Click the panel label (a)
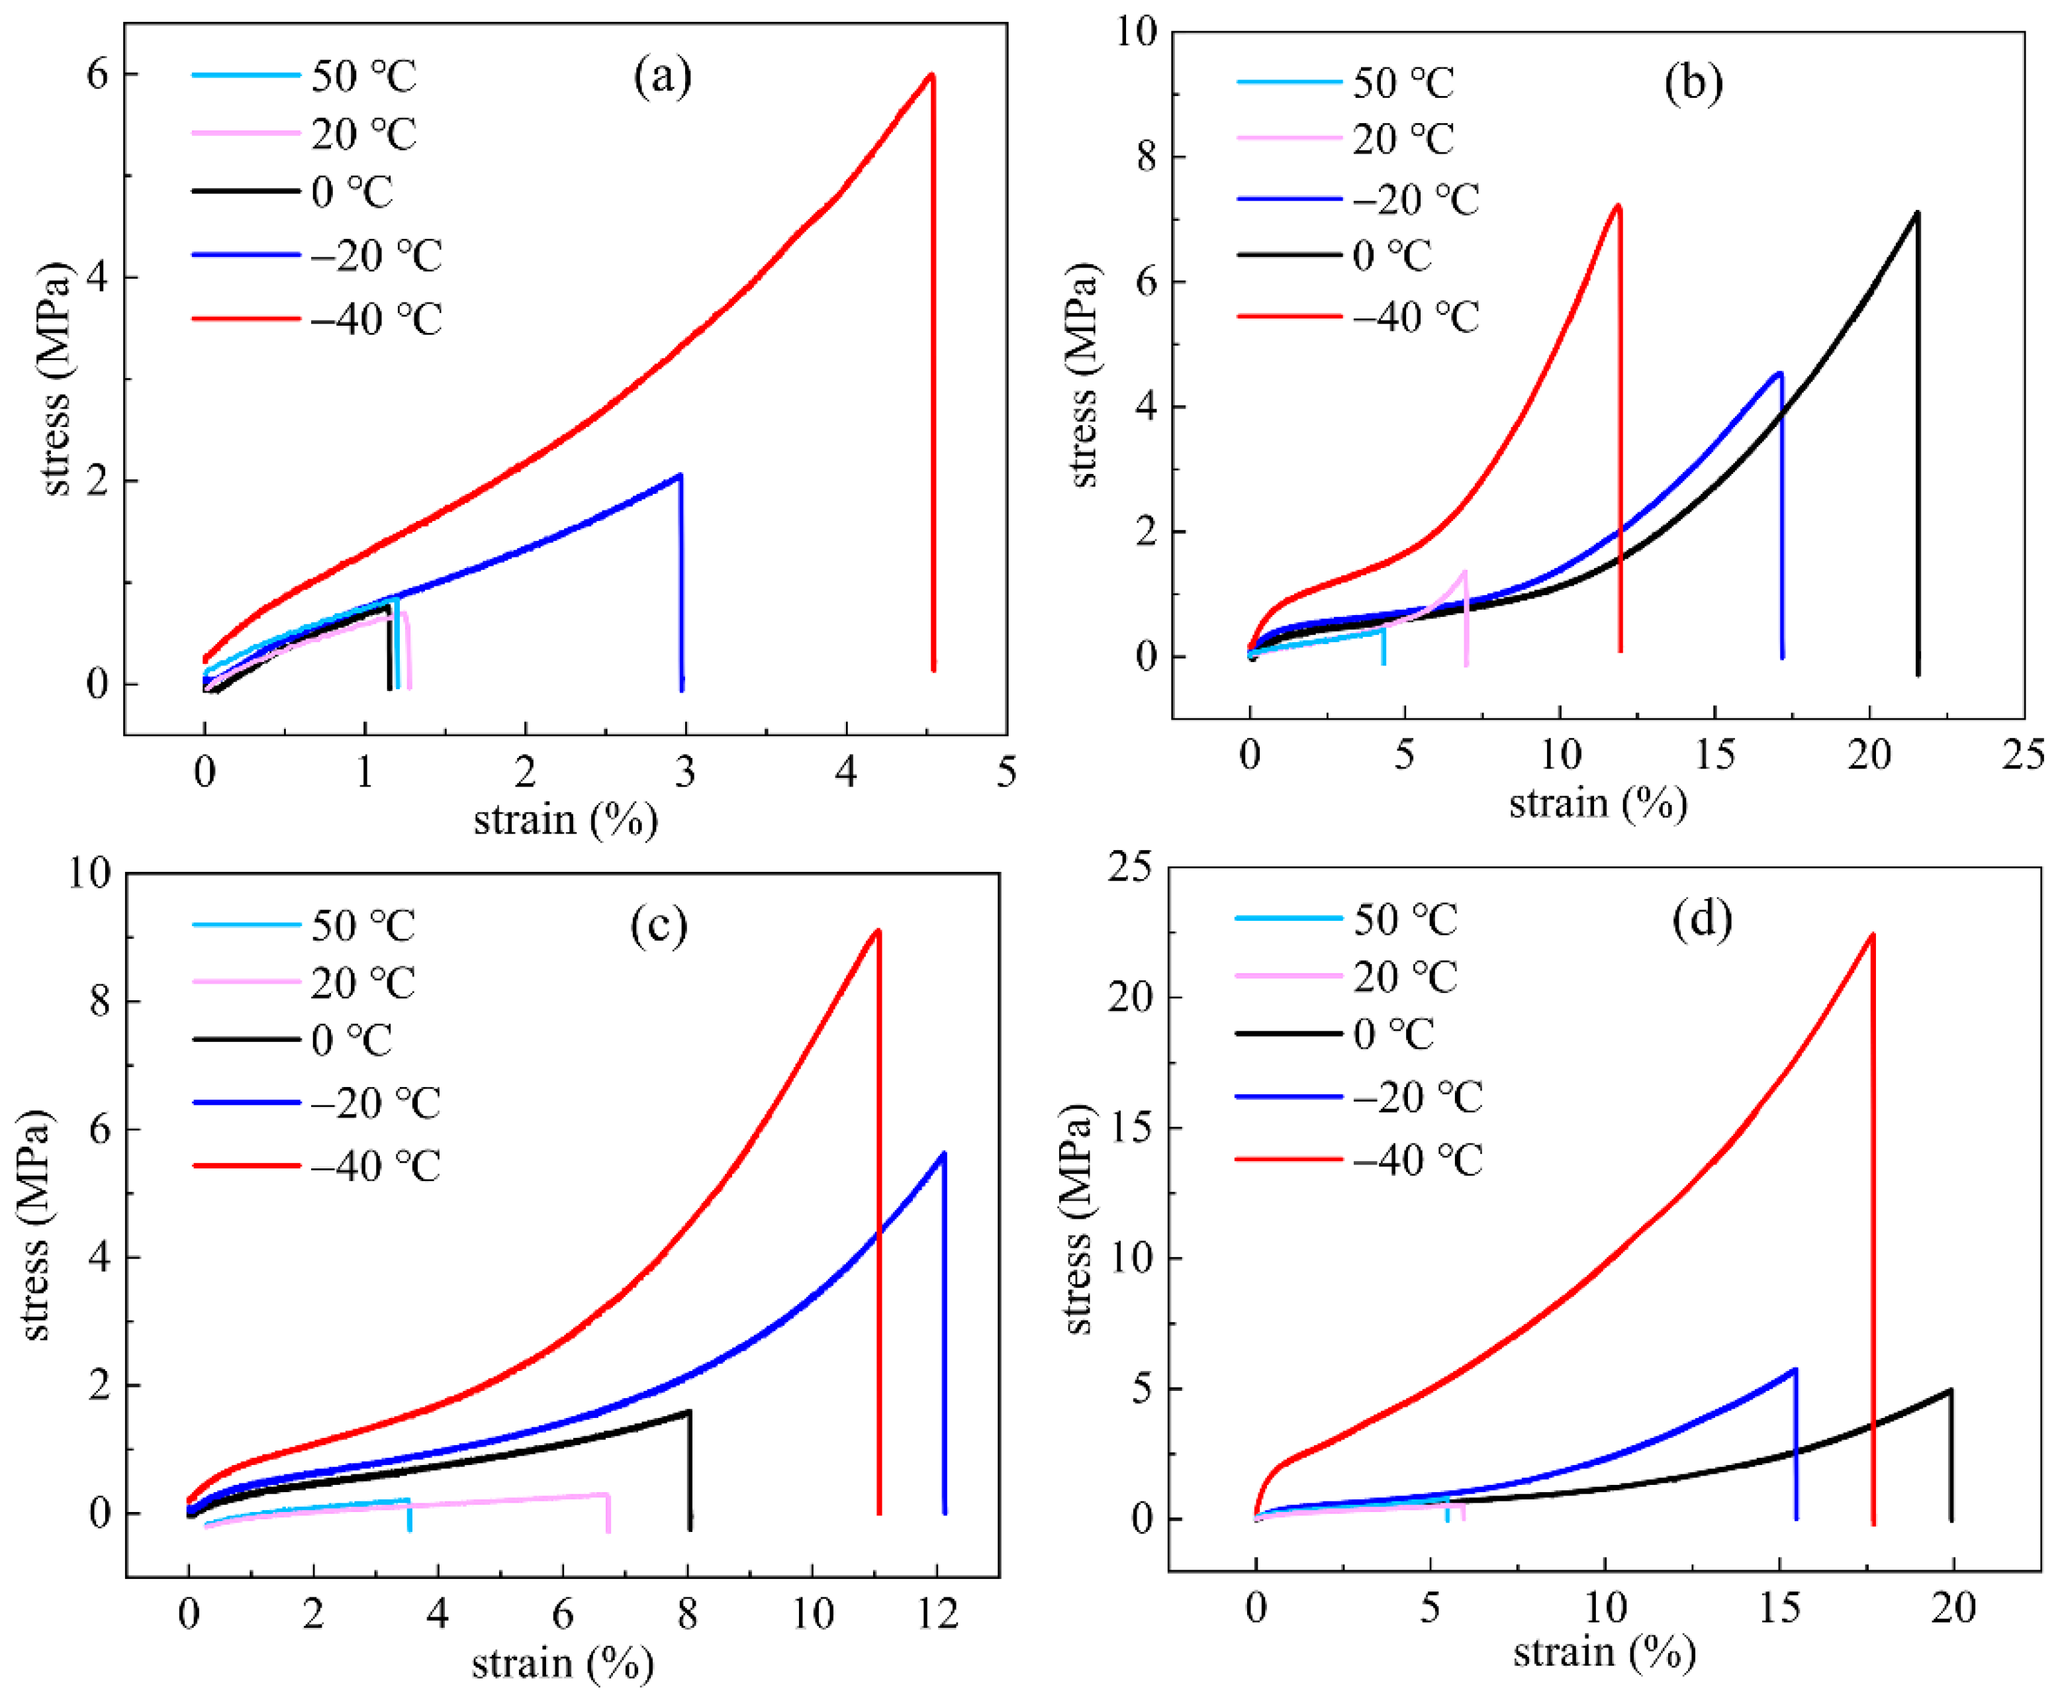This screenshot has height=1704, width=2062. click(663, 75)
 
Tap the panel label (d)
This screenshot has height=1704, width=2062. click(1702, 919)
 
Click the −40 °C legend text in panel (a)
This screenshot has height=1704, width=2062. click(377, 319)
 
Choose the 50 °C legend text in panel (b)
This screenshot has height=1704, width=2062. click(1403, 83)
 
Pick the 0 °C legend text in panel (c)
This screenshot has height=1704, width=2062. click(351, 1041)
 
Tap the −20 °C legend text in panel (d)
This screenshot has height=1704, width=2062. click(1417, 1098)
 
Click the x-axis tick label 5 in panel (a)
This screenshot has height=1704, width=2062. click(1006, 773)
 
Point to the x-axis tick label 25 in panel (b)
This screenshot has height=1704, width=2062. click(2023, 755)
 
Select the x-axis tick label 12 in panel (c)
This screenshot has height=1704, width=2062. click(937, 1614)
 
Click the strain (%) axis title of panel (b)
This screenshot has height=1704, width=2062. click(1598, 803)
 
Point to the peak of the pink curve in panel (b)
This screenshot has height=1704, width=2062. click(1464, 571)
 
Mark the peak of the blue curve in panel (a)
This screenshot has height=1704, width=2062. click(679, 475)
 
